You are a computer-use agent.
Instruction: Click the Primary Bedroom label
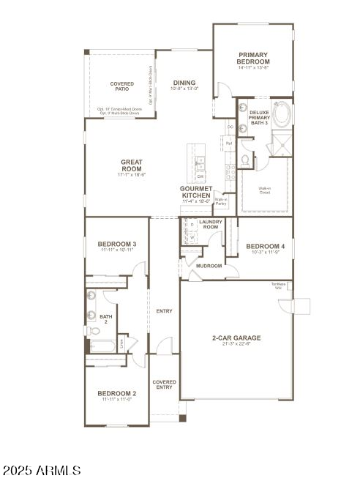click(252, 59)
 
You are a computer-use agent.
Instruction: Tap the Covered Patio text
click(121, 88)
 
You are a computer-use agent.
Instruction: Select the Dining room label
click(184, 83)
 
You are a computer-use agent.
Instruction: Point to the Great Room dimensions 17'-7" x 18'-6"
click(132, 174)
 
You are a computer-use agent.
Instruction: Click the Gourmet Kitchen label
click(195, 193)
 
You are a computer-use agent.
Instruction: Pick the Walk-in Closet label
click(267, 190)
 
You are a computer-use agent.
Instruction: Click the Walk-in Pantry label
click(220, 201)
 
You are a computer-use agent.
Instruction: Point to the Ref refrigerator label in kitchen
click(228, 143)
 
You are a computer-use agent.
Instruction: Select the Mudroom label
click(209, 266)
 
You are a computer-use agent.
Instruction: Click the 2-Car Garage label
click(236, 338)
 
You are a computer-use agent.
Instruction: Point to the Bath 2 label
click(105, 319)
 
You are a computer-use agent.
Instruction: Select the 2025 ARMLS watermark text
click(41, 469)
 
